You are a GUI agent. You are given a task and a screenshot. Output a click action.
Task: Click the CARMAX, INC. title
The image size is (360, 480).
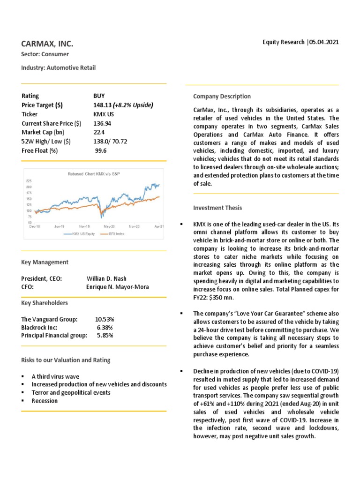tap(47, 44)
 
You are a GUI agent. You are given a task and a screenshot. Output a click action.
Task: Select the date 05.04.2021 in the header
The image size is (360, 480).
tap(324, 42)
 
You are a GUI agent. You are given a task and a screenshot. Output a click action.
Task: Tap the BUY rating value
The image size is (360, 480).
tap(100, 96)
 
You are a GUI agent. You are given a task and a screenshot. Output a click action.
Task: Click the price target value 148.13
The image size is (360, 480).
tap(103, 105)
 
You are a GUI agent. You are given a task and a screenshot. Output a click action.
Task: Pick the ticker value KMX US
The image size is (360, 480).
tap(104, 114)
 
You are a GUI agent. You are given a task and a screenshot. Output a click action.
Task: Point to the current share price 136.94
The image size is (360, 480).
tap(102, 123)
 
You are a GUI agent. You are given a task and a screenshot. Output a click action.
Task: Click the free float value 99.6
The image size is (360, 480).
tap(101, 150)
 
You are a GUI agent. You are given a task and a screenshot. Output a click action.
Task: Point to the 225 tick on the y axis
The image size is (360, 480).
tap(29, 181)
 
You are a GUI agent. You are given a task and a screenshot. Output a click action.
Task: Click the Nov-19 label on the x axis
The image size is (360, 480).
tap(84, 226)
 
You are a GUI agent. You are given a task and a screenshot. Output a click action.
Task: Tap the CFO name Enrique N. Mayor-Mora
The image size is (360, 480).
tap(118, 287)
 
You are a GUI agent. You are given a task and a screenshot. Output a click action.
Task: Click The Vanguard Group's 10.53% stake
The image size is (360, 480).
tap(105, 319)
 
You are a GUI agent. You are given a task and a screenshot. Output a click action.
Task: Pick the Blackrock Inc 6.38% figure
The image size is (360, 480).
tap(105, 327)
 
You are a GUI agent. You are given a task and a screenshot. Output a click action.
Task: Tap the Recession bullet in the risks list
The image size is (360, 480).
tap(45, 401)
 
